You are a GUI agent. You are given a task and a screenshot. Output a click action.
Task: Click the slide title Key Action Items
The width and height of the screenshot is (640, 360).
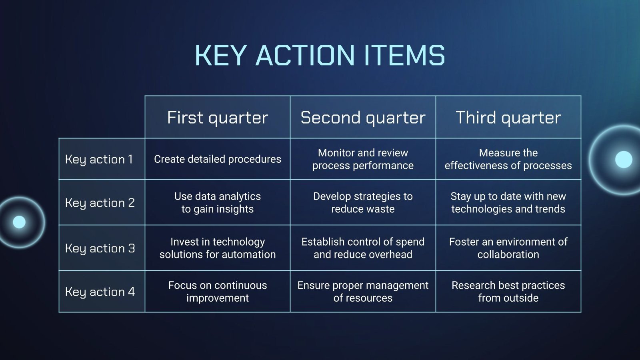(320, 55)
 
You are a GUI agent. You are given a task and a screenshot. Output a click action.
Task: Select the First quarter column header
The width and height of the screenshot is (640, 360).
(218, 118)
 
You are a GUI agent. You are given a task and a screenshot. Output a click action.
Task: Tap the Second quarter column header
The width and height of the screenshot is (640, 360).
(363, 118)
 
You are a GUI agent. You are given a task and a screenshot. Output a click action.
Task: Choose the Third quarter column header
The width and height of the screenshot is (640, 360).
(508, 118)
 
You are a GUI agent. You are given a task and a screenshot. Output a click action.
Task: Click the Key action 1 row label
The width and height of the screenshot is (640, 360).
(99, 160)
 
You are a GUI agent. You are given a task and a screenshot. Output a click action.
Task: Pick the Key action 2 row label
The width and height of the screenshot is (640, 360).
(100, 203)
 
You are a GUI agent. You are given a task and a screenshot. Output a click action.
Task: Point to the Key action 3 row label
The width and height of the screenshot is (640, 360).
(100, 248)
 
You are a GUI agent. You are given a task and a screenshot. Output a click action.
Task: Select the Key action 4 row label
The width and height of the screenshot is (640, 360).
(100, 292)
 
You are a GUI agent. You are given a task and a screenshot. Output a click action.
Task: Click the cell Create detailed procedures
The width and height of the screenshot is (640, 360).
(218, 159)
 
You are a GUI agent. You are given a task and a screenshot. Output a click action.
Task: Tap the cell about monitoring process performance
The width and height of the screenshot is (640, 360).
(363, 159)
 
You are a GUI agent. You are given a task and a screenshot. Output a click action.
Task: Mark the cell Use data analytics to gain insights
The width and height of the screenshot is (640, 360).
(218, 202)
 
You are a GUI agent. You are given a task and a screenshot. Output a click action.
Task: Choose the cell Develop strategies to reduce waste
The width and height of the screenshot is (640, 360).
(363, 202)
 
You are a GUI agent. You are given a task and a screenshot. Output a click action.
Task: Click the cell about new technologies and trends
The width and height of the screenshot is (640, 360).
(508, 202)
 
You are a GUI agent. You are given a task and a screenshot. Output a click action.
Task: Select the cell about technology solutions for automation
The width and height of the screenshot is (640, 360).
(218, 248)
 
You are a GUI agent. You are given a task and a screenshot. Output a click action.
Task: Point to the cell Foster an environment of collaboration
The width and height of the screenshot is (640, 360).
(508, 248)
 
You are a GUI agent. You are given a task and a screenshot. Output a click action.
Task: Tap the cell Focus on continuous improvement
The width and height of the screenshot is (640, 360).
(218, 292)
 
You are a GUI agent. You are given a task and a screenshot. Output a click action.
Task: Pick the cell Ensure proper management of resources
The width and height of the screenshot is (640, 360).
(363, 292)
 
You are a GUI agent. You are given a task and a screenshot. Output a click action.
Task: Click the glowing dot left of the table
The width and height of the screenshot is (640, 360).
(19, 222)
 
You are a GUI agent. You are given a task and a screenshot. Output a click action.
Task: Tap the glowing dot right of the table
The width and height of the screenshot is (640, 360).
(624, 160)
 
